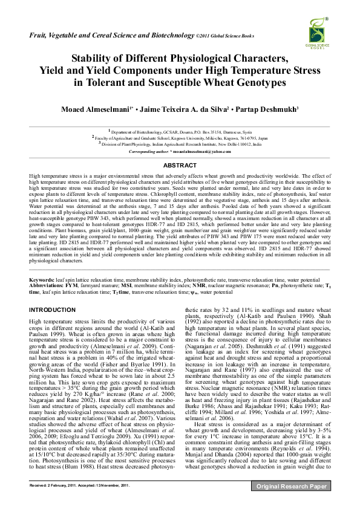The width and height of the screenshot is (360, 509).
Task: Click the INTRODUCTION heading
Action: (52, 310)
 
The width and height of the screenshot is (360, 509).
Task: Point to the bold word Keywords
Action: (42, 281)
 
